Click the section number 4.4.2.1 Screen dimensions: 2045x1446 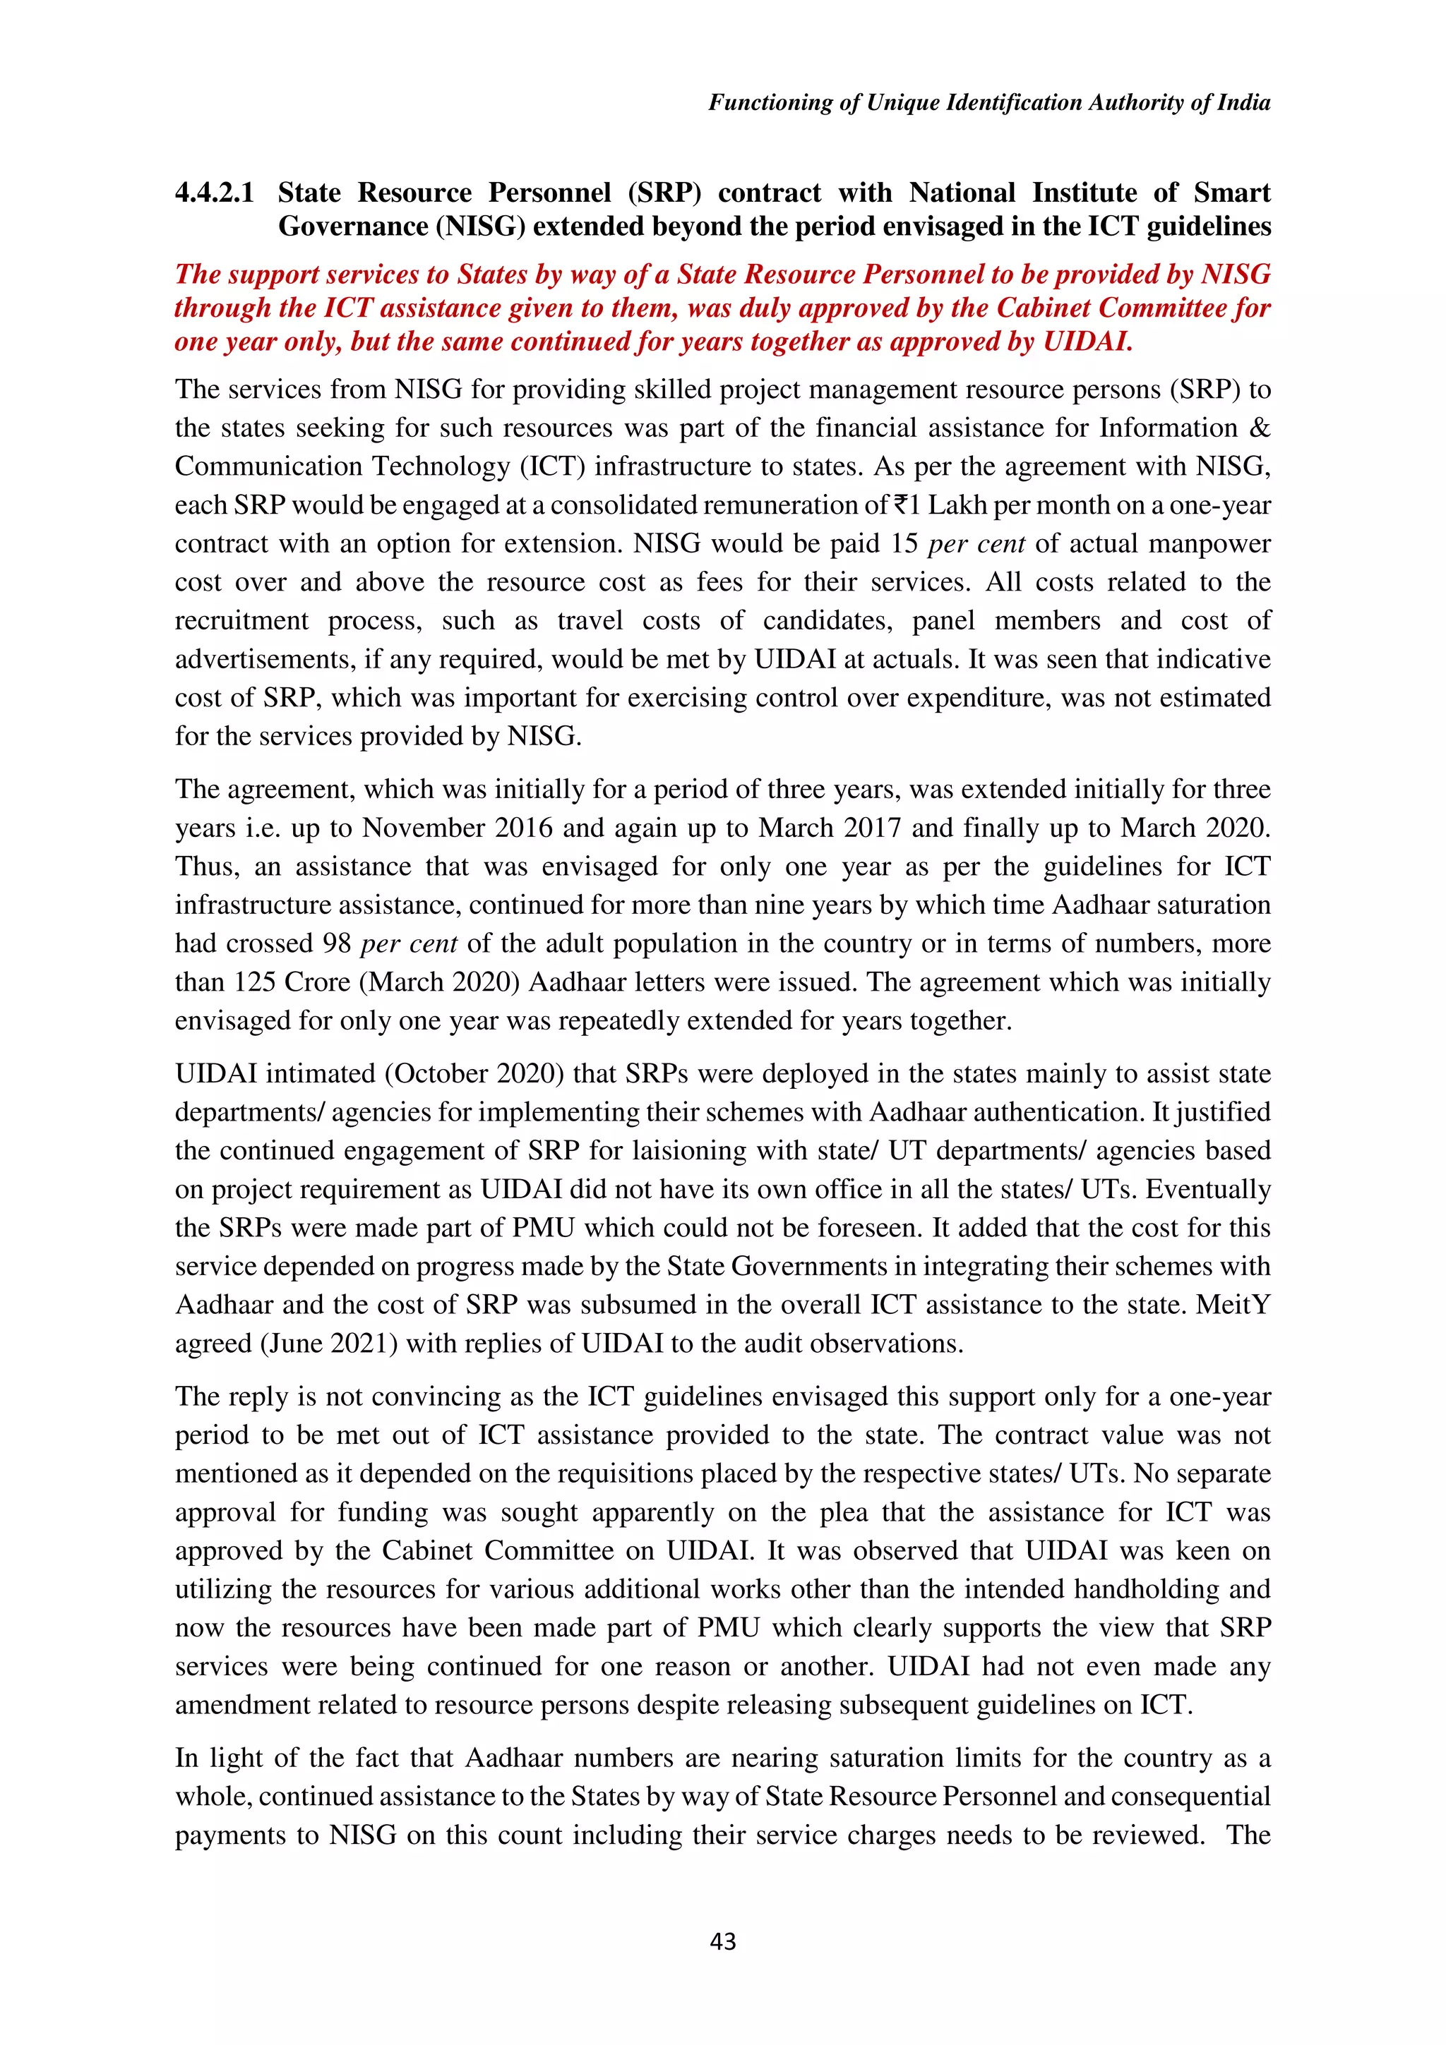click(215, 193)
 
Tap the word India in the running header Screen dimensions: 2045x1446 click(1244, 102)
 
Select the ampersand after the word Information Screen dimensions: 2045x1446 click(1260, 428)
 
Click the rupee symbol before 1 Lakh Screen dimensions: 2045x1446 click(902, 505)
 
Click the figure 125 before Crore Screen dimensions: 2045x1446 click(255, 982)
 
